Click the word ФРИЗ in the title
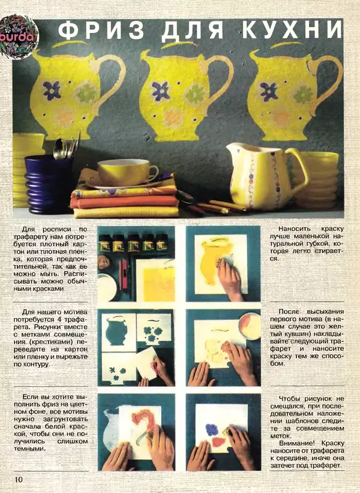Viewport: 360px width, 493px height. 101,31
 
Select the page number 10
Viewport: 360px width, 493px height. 19,479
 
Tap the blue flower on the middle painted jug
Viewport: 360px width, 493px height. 161,91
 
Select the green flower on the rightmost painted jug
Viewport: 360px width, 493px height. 304,94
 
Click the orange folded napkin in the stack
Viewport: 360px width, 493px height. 124,202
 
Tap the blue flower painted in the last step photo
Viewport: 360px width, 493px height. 212,430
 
